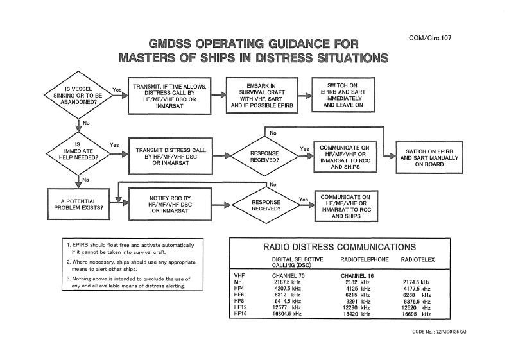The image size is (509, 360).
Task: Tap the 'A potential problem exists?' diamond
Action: coord(76,205)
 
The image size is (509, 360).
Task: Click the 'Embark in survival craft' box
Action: coord(261,96)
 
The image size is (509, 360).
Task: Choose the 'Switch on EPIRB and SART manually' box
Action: coord(434,155)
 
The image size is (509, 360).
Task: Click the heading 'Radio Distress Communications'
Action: coord(340,246)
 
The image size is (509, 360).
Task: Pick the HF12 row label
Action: coord(241,308)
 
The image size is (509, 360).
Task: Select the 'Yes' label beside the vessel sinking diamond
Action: coord(117,89)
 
